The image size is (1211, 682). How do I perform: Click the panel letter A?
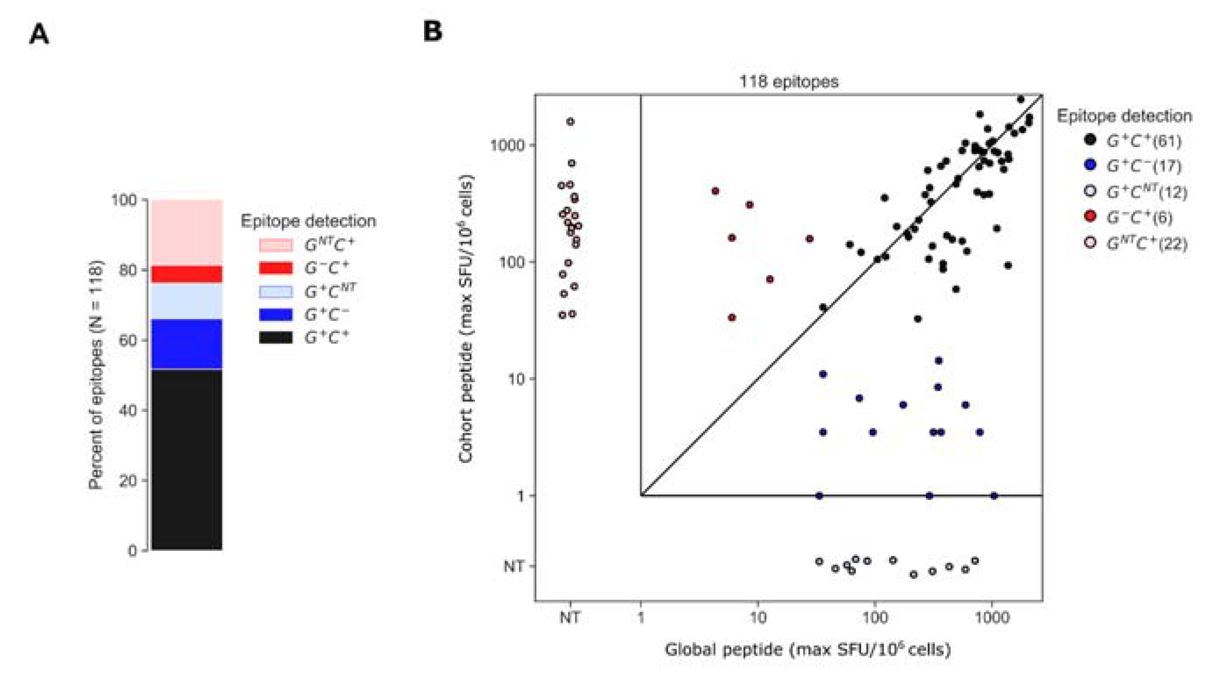click(x=39, y=35)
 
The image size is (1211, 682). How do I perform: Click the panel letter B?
click(x=432, y=32)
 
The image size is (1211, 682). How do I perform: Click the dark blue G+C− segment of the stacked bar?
click(x=187, y=344)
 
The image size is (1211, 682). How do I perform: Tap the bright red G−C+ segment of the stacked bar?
click(x=187, y=274)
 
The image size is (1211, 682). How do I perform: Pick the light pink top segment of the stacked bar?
click(x=187, y=232)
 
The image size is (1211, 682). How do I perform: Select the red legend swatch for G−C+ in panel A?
click(x=275, y=268)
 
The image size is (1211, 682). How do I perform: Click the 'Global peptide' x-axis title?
click(x=807, y=650)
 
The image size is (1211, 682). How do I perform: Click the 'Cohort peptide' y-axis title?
click(x=466, y=319)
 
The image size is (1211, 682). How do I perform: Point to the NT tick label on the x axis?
click(x=570, y=617)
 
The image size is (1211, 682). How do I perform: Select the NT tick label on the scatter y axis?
click(x=513, y=566)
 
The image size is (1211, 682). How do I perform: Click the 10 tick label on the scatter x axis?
click(x=757, y=617)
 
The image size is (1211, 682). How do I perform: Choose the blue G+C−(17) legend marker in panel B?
click(x=1090, y=165)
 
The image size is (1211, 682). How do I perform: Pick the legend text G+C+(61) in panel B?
click(x=1144, y=140)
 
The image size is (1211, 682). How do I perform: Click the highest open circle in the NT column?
click(x=570, y=122)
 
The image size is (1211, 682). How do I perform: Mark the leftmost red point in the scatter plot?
click(x=715, y=191)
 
